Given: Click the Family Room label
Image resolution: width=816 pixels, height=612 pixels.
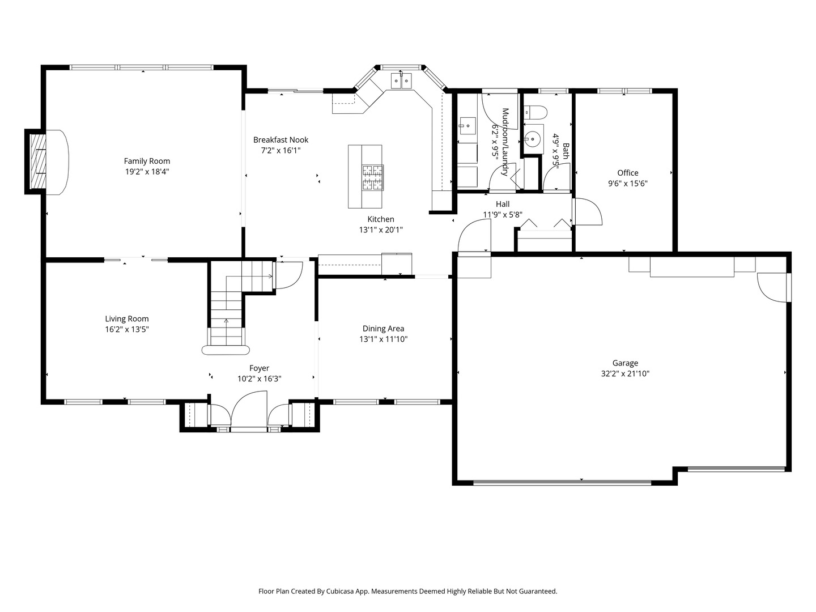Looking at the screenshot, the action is coord(147,161).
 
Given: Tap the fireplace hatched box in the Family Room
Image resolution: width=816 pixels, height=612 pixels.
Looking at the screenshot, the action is coord(37,161).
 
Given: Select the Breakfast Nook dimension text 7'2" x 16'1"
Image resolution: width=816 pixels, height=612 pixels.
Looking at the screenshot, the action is coord(280,151).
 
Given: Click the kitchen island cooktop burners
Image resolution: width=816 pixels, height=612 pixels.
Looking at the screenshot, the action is coord(372,178).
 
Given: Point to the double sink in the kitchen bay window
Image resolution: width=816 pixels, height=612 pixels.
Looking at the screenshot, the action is coord(401,81).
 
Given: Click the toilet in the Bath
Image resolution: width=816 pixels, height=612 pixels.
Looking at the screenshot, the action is coord(535,112).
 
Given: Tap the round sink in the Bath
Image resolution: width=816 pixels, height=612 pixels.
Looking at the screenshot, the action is coord(533,139).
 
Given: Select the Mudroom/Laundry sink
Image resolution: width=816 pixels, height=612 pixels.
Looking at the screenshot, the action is coord(467,126).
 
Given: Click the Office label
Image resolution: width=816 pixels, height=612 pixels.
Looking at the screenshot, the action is coord(627,173).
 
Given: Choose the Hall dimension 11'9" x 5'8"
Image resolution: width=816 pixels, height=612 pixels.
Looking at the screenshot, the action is coord(503,214).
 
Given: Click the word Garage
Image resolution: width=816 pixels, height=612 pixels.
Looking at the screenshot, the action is coord(625,363).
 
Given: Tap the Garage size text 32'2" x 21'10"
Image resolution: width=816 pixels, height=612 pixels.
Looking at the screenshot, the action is coord(625,373).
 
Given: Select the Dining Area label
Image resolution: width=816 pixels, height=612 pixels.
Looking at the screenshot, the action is coord(383,329).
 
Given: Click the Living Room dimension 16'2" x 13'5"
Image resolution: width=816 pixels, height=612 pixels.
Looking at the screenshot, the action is coord(127,329).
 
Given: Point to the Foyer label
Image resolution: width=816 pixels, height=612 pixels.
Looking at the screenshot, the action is coord(259,368).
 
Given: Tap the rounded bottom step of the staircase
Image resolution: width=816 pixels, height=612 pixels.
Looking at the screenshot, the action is coord(226,350).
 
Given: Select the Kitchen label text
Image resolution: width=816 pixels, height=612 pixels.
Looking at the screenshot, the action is coord(381,219).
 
